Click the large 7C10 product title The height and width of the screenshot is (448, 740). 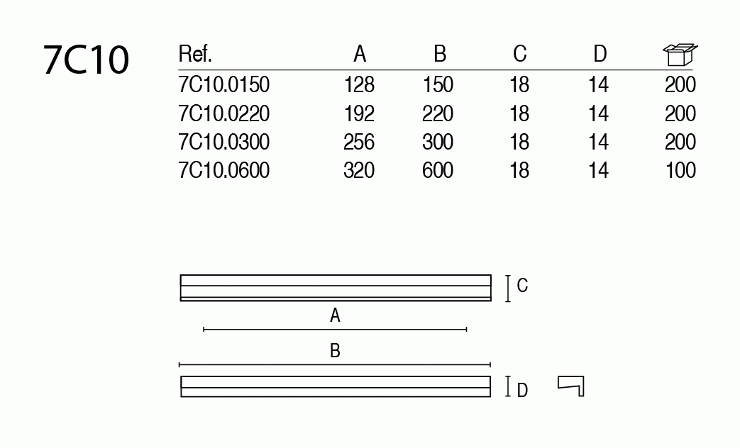[x=87, y=60]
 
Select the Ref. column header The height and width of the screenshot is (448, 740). [x=195, y=54]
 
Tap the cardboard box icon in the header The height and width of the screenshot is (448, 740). [x=680, y=54]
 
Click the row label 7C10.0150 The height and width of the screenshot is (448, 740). [x=224, y=85]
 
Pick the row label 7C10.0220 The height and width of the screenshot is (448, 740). [x=224, y=113]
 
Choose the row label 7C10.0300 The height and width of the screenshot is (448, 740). [x=224, y=142]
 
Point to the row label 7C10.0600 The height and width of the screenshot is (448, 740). [x=224, y=171]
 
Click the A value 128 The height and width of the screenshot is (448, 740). [x=359, y=85]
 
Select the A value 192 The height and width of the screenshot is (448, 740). [x=359, y=113]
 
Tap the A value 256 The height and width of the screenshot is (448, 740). [x=359, y=142]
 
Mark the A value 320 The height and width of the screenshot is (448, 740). [x=359, y=171]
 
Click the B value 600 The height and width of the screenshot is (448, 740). [x=438, y=171]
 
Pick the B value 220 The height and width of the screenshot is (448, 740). [x=438, y=113]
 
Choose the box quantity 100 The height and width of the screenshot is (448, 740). [x=680, y=171]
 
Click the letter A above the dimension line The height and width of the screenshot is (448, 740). [x=336, y=315]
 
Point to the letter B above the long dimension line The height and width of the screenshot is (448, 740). [x=336, y=351]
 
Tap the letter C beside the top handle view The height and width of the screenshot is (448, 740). [x=522, y=286]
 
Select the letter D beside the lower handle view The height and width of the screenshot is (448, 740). [x=522, y=390]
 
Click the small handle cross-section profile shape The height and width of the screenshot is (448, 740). [x=571, y=386]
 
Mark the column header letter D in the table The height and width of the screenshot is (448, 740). [x=600, y=54]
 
